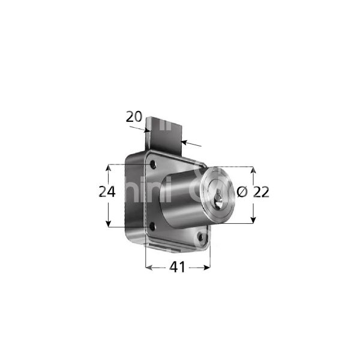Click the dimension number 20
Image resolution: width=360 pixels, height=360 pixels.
134,117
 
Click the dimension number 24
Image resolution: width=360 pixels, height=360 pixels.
107,191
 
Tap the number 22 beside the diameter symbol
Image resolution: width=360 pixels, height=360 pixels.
261,192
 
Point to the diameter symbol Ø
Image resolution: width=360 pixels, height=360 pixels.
242,192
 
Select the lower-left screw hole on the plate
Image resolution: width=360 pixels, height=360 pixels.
152,226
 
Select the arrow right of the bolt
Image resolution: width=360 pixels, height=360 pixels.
187,142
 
